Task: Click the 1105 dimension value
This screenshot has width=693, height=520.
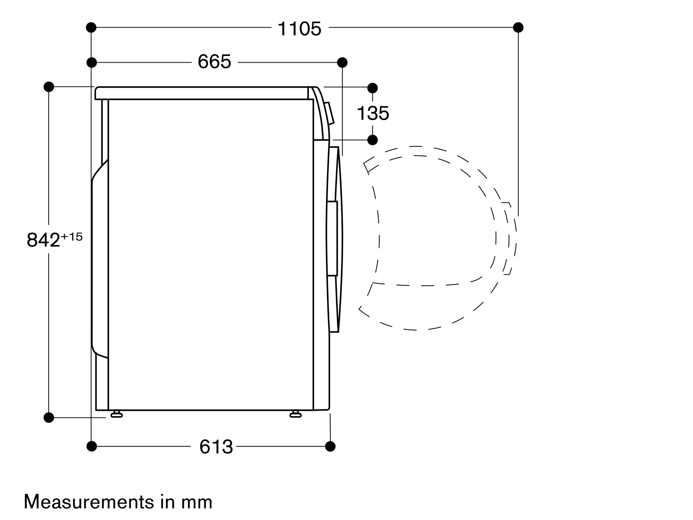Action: click(299, 29)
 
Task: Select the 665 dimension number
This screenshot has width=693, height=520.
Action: click(214, 62)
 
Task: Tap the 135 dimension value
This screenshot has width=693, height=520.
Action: click(373, 113)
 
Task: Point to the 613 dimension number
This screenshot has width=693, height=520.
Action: click(216, 446)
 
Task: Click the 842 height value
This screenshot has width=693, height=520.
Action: click(43, 240)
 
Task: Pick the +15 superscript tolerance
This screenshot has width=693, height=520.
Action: click(72, 237)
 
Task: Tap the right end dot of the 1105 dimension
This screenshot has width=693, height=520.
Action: click(518, 27)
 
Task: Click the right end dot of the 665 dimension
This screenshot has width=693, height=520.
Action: click(342, 62)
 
